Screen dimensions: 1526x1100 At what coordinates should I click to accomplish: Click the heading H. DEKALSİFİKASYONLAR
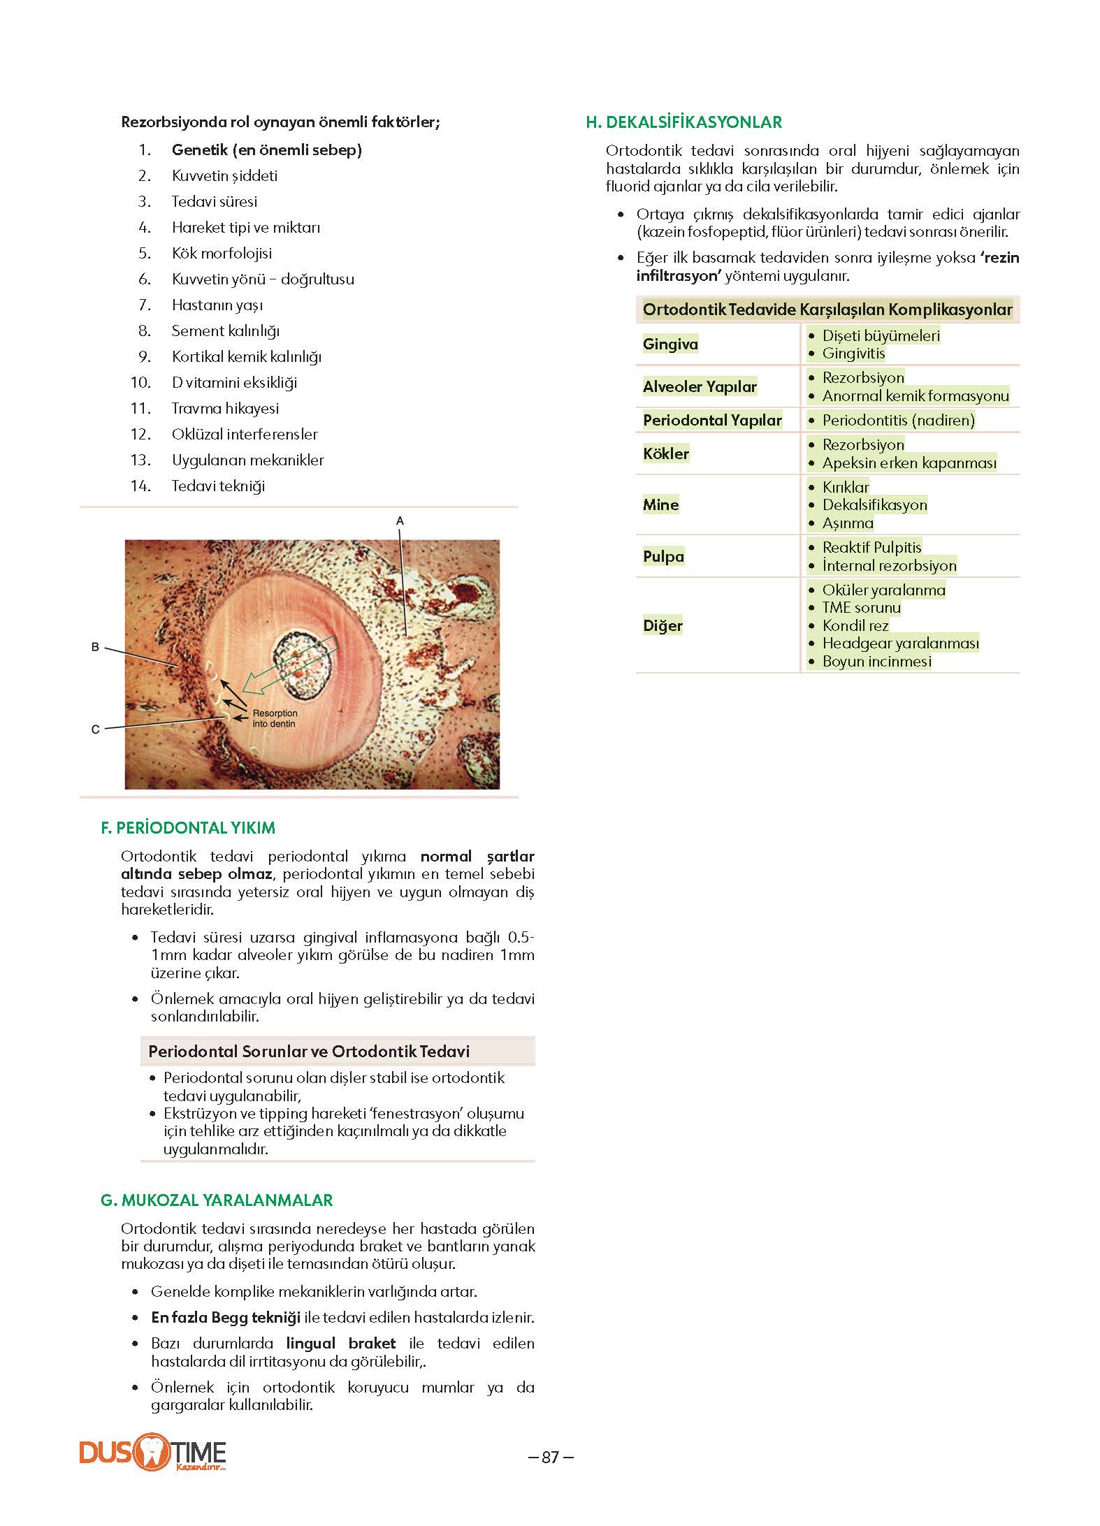pyautogui.click(x=683, y=122)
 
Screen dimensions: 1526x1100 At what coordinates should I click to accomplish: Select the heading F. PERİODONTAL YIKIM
pyautogui.click(x=188, y=828)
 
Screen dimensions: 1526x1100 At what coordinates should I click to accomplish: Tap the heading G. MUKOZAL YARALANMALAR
pyautogui.click(x=217, y=1200)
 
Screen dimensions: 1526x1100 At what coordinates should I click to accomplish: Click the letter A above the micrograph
pyautogui.click(x=400, y=521)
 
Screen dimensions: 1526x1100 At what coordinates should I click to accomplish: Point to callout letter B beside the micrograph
pyautogui.click(x=95, y=647)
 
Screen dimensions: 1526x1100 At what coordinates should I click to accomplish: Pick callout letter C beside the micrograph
pyautogui.click(x=96, y=729)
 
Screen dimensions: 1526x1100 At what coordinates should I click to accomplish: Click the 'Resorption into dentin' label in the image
pyautogui.click(x=275, y=718)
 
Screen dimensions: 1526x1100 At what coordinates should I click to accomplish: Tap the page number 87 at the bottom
pyautogui.click(x=551, y=1457)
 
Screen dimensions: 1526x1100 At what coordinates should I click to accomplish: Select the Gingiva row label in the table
pyautogui.click(x=670, y=344)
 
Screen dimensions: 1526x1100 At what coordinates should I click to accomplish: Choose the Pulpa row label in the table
pyautogui.click(x=663, y=556)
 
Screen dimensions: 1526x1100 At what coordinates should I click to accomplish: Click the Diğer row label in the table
pyautogui.click(x=663, y=625)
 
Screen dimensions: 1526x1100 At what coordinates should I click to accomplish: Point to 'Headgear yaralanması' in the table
pyautogui.click(x=900, y=643)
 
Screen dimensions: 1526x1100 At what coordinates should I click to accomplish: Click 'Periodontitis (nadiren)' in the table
pyautogui.click(x=898, y=420)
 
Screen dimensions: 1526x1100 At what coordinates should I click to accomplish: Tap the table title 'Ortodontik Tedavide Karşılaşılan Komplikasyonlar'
pyautogui.click(x=827, y=310)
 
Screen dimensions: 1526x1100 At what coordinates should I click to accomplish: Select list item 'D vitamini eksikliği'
pyautogui.click(x=234, y=382)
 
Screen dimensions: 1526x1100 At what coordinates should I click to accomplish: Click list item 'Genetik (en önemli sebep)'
pyautogui.click(x=266, y=150)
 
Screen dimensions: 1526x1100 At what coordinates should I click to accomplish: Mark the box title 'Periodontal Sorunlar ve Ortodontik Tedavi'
pyautogui.click(x=309, y=1051)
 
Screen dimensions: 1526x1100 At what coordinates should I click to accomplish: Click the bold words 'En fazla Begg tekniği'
pyautogui.click(x=226, y=1317)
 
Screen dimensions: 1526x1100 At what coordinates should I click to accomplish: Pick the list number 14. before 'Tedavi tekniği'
pyautogui.click(x=140, y=486)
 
